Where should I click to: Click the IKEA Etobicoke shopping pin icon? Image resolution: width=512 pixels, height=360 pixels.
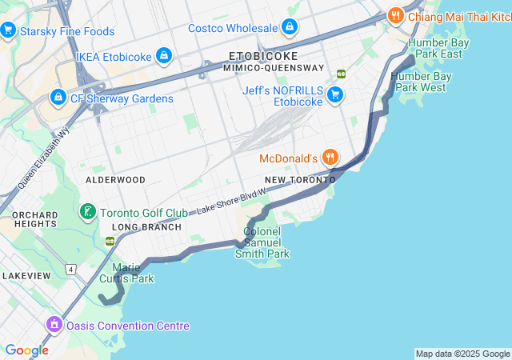coord(164,56)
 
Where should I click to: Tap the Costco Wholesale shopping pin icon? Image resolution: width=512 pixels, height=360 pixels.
coord(289,28)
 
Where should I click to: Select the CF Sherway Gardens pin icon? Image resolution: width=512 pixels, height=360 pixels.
coord(58,98)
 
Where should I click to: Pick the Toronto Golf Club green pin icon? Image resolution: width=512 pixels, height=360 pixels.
coord(87,213)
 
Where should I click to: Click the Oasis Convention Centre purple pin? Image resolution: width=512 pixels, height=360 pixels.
coord(54,326)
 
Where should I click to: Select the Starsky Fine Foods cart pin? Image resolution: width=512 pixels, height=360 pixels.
coord(9,31)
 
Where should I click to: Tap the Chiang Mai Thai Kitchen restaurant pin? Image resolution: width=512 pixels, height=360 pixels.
coord(395,15)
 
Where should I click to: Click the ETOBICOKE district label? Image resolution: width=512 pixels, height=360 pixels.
coord(263,56)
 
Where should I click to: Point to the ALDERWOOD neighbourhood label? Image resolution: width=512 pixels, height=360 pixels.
coord(115,180)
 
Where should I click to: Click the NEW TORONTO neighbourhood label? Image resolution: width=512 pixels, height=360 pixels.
coord(300,180)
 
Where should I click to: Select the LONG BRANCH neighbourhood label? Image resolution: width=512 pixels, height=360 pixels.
coord(146,227)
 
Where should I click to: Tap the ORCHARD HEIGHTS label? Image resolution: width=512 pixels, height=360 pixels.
coord(34,219)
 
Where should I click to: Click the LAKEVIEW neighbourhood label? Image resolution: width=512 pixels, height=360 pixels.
coord(26,275)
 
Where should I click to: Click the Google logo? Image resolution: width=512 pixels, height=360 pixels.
coord(26,350)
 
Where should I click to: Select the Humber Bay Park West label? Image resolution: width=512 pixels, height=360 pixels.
coord(422,82)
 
